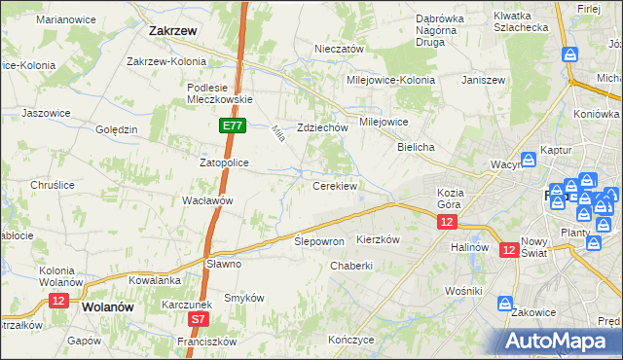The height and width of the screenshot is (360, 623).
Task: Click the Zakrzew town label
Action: (x=174, y=30)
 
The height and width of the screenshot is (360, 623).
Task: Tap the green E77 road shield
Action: (x=232, y=126)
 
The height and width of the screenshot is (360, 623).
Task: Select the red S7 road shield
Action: (x=198, y=318)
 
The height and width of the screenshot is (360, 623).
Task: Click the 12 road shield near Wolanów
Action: (x=57, y=301)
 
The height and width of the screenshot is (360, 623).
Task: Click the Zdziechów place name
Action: (x=322, y=127)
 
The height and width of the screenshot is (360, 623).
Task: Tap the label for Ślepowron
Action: (x=319, y=240)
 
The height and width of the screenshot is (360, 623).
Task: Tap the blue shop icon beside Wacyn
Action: (x=528, y=159)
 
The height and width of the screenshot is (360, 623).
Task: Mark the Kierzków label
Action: (x=379, y=239)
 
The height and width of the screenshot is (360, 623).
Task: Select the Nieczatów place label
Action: (x=339, y=49)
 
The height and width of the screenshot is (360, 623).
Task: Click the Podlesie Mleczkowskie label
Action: (x=220, y=92)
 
